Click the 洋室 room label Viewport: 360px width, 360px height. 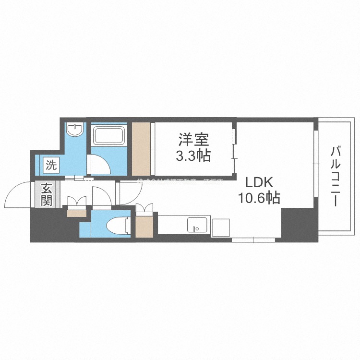(193, 140)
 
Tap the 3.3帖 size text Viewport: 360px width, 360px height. (193, 156)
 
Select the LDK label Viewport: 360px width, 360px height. (259, 182)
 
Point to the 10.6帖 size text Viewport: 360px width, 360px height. (259, 197)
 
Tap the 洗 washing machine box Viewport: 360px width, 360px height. (51, 166)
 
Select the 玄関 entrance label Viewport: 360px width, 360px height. (46, 194)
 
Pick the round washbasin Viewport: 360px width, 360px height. (74, 130)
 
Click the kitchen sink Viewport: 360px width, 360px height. (196, 224)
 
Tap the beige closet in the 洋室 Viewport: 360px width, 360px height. (142, 149)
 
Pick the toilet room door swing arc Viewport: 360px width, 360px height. (101, 195)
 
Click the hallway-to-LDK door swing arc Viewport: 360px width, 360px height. (129, 192)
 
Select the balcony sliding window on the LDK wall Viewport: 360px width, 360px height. (315, 163)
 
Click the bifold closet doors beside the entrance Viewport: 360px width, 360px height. (77, 201)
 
